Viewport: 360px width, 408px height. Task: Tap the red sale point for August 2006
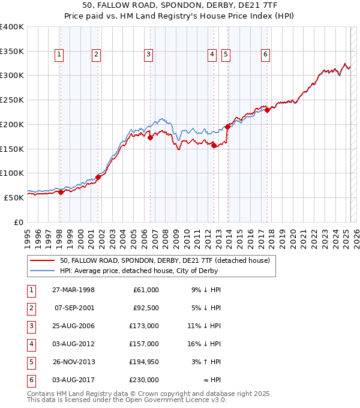point(151,137)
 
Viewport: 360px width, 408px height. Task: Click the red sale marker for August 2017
point(267,110)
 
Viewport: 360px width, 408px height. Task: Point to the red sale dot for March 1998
point(61,192)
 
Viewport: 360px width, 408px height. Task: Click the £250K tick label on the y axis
point(12,100)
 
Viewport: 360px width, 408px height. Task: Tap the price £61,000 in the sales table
point(145,290)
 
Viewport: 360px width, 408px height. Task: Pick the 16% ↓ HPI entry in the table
point(205,344)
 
